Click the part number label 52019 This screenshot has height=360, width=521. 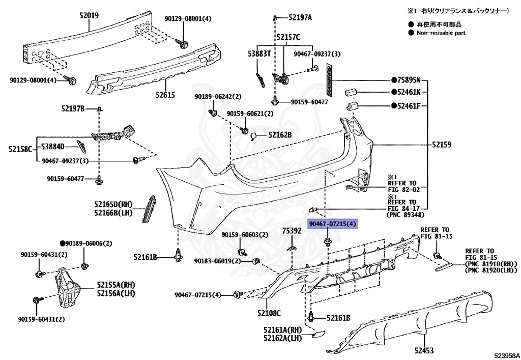click(x=89, y=16)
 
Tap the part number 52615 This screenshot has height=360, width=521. click(x=166, y=95)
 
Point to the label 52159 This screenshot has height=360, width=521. click(x=442, y=145)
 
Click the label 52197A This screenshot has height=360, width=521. click(x=300, y=18)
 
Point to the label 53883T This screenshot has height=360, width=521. click(x=258, y=53)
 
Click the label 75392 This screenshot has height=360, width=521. click(x=292, y=231)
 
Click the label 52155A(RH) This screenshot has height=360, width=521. click(x=117, y=284)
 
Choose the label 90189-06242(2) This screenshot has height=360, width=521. click(x=218, y=97)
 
